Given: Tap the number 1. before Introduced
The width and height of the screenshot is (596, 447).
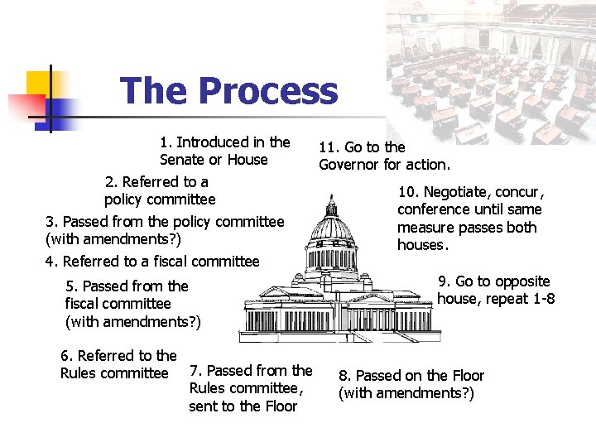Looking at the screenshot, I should [166, 142].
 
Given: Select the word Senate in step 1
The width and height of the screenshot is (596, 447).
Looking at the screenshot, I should [183, 160].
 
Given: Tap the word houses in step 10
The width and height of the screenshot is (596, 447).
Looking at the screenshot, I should [421, 245].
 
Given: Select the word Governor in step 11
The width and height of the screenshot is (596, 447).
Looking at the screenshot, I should [348, 165].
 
